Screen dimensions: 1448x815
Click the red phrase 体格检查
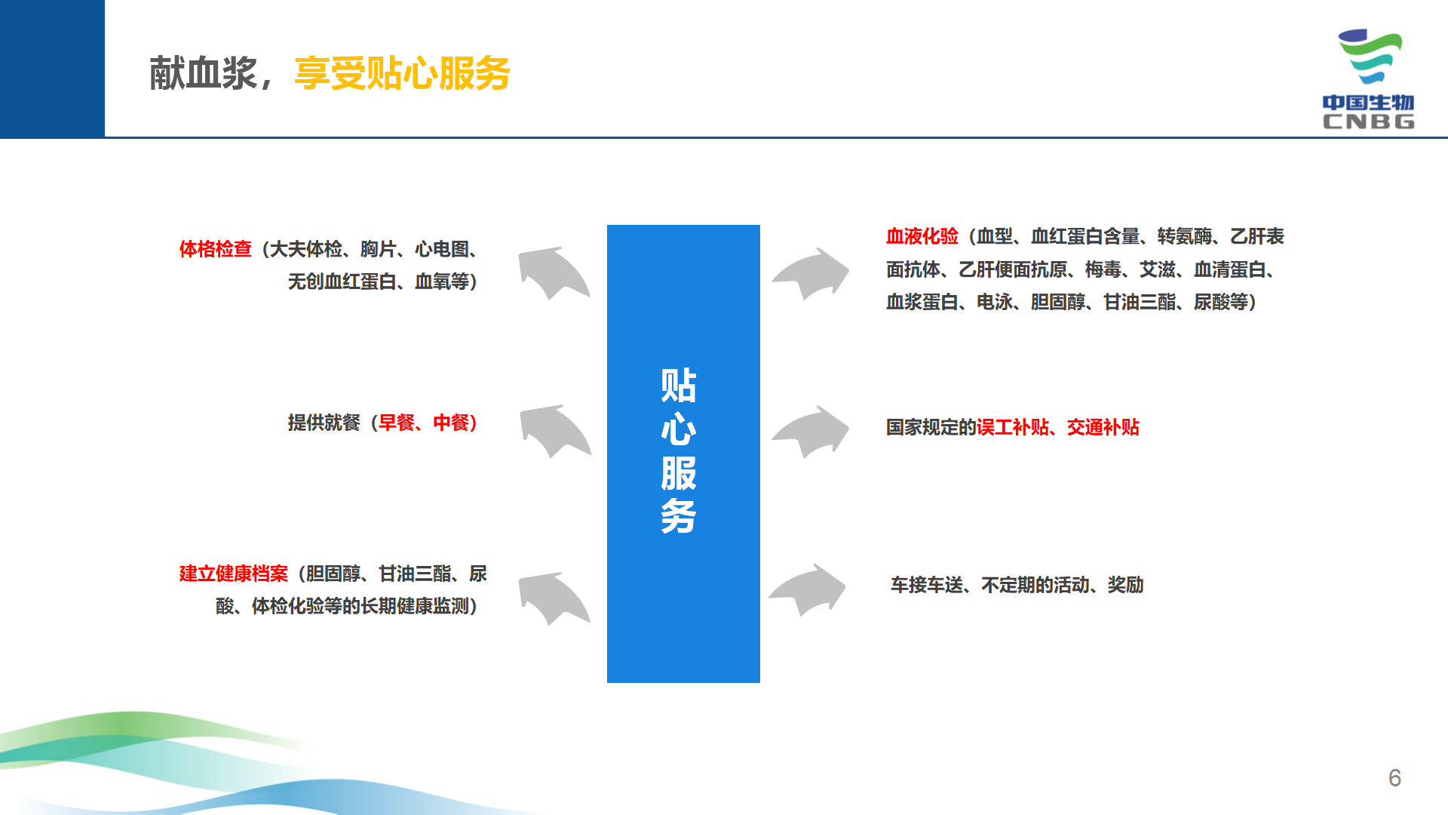pyautogui.click(x=215, y=249)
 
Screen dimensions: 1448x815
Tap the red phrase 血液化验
pyautogui.click(x=922, y=236)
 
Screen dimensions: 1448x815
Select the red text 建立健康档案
pyautogui.click(x=233, y=574)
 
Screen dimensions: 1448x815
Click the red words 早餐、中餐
pyautogui.click(x=424, y=423)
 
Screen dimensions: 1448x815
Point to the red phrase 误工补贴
pyautogui.click(x=1012, y=427)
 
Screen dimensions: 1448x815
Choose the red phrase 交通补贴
pyautogui.click(x=1103, y=427)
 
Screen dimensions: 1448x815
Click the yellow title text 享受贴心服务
pyautogui.click(x=402, y=73)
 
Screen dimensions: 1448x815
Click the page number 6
pyautogui.click(x=1394, y=777)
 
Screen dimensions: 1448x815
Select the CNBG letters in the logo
pyautogui.click(x=1368, y=121)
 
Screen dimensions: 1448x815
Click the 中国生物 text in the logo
pyautogui.click(x=1368, y=103)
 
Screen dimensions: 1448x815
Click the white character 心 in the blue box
pyautogui.click(x=679, y=429)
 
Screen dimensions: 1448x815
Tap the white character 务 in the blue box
pyautogui.click(x=679, y=517)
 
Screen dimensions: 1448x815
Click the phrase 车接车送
pyautogui.click(x=927, y=585)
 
